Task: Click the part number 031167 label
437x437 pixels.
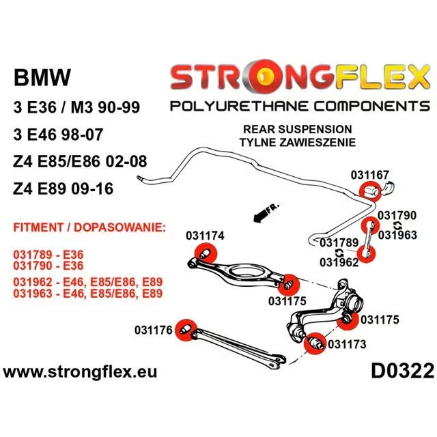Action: click(x=369, y=175)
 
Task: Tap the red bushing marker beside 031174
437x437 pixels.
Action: click(x=206, y=253)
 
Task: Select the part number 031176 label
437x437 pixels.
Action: click(x=154, y=330)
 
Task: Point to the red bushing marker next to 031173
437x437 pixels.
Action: click(x=315, y=343)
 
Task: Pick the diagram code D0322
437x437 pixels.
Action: click(x=402, y=371)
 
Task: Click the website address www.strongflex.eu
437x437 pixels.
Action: click(x=80, y=372)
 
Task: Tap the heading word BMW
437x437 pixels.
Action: click(x=42, y=77)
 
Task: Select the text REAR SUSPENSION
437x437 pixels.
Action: click(x=298, y=129)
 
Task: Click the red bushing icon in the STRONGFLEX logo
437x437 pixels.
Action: click(x=264, y=75)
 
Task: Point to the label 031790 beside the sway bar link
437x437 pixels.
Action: click(x=397, y=216)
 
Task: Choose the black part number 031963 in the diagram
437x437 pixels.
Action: click(x=397, y=235)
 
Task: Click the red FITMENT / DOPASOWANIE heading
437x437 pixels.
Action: click(x=89, y=227)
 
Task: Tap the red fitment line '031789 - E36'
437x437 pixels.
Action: click(x=48, y=255)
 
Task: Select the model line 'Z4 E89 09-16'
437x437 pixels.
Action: click(x=63, y=188)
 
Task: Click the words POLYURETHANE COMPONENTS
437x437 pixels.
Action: click(x=300, y=107)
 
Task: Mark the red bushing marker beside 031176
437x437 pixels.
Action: click(x=186, y=330)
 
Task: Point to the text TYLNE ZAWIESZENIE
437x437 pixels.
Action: click(x=298, y=142)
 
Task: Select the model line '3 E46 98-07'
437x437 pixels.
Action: click(x=58, y=135)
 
